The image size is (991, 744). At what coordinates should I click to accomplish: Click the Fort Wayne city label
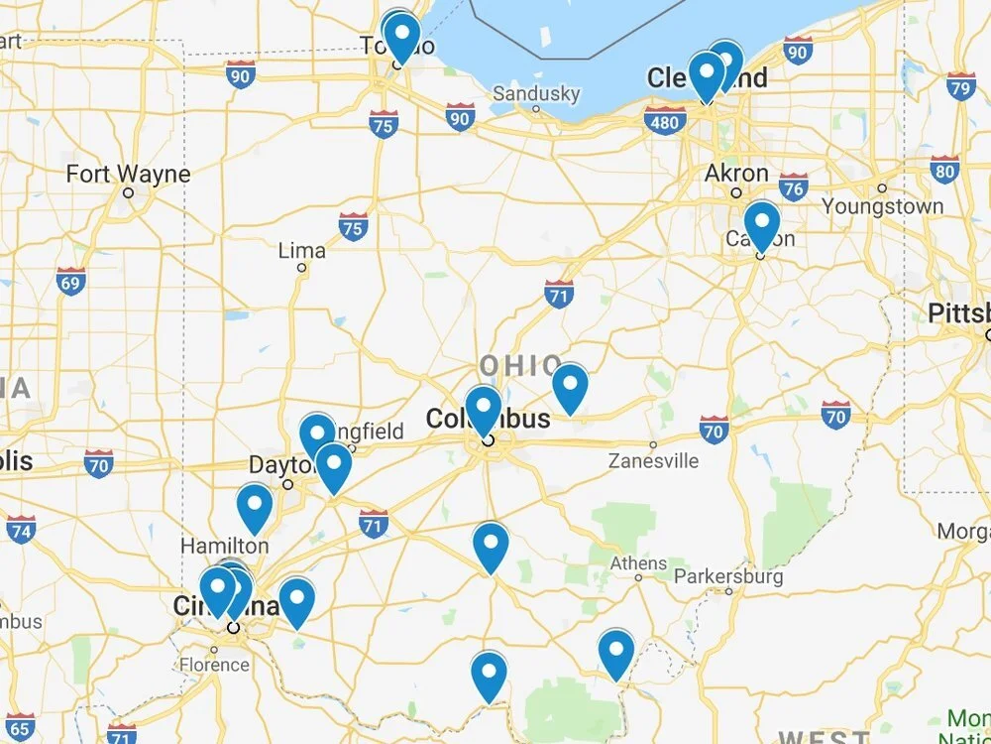coord(128,175)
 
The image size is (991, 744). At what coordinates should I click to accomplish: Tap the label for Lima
coord(302,250)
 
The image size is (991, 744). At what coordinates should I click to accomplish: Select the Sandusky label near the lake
coord(536,94)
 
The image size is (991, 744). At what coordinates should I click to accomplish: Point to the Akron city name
coord(736,174)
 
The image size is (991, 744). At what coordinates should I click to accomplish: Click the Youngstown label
coord(882,206)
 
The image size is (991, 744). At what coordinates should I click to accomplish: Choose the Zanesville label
coord(653,460)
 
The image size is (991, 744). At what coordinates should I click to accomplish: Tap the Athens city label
coord(638,563)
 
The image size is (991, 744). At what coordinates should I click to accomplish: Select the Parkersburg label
coord(728,576)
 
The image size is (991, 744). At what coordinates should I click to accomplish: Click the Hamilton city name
coord(224,546)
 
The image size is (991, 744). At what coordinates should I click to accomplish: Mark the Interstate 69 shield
coord(70,281)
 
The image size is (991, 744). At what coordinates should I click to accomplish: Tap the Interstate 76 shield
coord(793,186)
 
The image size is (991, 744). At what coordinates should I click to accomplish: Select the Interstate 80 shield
coord(944,170)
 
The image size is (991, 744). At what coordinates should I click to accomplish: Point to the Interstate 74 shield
coord(20,529)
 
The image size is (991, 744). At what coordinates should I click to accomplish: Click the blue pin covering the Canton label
coord(762,223)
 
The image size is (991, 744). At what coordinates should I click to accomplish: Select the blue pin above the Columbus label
coord(484,409)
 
